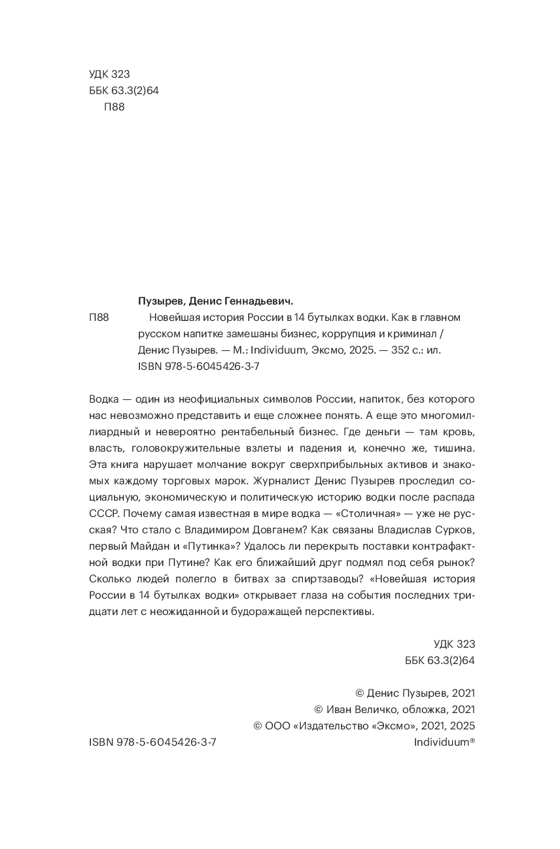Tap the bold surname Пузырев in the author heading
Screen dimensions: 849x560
click(x=161, y=301)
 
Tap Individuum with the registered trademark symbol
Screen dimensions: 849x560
click(x=444, y=742)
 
